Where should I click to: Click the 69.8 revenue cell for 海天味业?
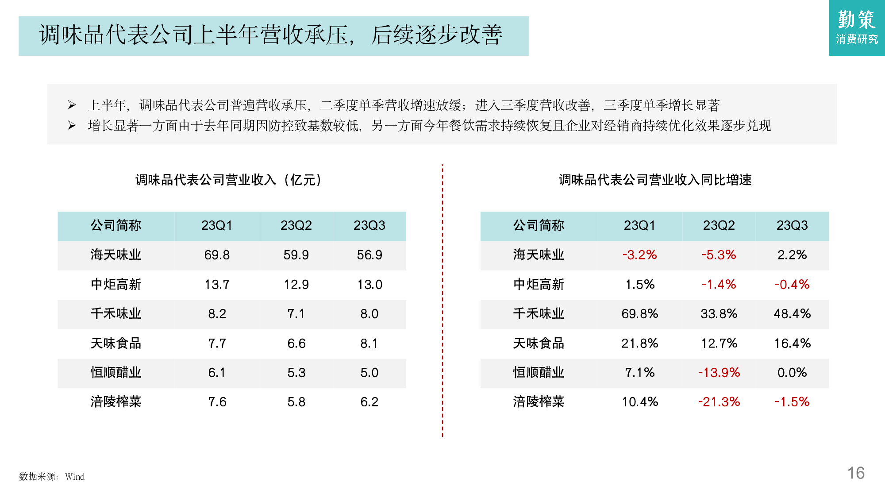pyautogui.click(x=217, y=255)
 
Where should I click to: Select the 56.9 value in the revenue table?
pyautogui.click(x=369, y=255)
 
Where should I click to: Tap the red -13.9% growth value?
pyautogui.click(x=719, y=373)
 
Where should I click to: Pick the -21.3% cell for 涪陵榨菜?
pyautogui.click(x=719, y=402)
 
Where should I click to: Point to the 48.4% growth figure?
pyautogui.click(x=792, y=314)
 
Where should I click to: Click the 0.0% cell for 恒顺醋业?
pyautogui.click(x=792, y=373)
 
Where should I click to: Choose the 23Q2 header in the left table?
pyautogui.click(x=296, y=226)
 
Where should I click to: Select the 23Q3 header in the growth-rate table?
pyautogui.click(x=792, y=226)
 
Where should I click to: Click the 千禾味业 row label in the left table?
pyautogui.click(x=116, y=314)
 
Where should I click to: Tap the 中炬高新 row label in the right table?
pyautogui.click(x=539, y=285)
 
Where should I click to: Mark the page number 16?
pyautogui.click(x=856, y=473)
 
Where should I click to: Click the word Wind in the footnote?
pyautogui.click(x=75, y=477)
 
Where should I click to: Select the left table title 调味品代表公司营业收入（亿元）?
pyautogui.click(x=228, y=180)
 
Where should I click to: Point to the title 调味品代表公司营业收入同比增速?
pyautogui.click(x=655, y=180)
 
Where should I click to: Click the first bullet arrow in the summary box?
pyautogui.click(x=72, y=105)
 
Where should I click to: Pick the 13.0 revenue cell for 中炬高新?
pyautogui.click(x=369, y=285)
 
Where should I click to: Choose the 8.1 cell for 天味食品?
pyautogui.click(x=369, y=344)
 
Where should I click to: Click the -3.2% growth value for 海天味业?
pyautogui.click(x=639, y=255)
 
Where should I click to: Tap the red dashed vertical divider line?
pyautogui.click(x=442, y=301)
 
